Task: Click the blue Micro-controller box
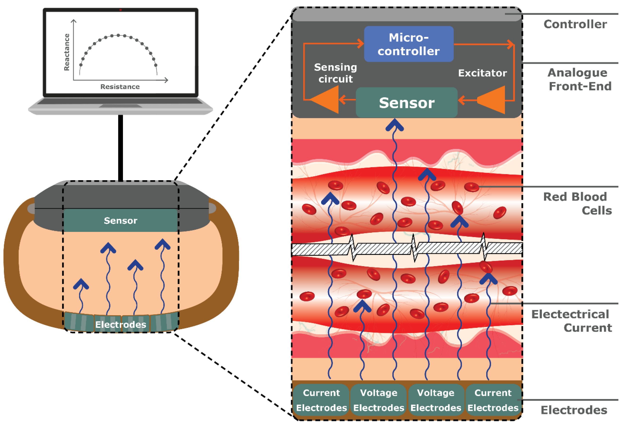(x=408, y=44)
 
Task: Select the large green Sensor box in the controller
(x=406, y=103)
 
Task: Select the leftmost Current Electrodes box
(x=321, y=400)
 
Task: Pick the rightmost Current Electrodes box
(x=493, y=400)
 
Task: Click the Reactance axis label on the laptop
(x=67, y=52)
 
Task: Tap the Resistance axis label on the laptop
(x=120, y=87)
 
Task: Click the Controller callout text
(x=575, y=24)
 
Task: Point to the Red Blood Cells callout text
(x=577, y=204)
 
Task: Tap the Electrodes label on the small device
(x=121, y=325)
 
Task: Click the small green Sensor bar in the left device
(x=120, y=221)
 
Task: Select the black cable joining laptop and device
(x=121, y=148)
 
